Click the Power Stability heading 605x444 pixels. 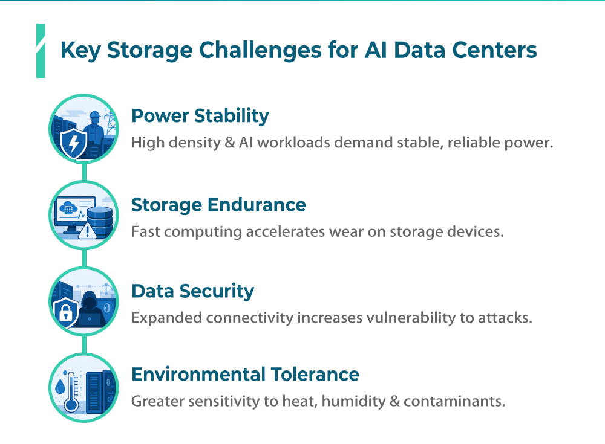point(200,116)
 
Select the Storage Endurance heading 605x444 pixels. point(218,205)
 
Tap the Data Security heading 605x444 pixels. point(193,291)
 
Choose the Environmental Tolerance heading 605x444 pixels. point(246,375)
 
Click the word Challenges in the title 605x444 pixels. point(260,51)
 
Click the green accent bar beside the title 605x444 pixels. point(41,51)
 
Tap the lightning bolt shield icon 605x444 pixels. point(74,143)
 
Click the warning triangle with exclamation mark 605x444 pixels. point(88,231)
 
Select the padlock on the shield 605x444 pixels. point(65,313)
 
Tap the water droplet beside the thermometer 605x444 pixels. point(60,387)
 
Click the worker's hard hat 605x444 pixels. point(94,114)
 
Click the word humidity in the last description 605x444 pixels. point(353,401)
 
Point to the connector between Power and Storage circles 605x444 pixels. point(85,172)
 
